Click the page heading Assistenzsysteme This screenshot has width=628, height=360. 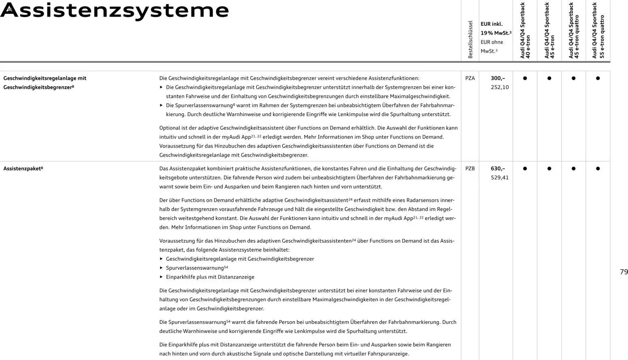(x=115, y=11)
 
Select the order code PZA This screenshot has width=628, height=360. (x=470, y=78)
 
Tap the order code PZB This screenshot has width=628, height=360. (x=470, y=168)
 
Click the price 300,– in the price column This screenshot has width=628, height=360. (x=498, y=78)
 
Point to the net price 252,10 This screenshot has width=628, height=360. (x=500, y=87)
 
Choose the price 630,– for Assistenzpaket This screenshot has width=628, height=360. (x=498, y=168)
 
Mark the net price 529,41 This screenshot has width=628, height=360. (x=500, y=177)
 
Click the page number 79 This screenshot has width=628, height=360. (x=624, y=272)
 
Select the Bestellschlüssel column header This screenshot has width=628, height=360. (x=470, y=40)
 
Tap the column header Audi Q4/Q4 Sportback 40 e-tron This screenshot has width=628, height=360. (x=525, y=31)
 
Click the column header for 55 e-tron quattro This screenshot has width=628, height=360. (x=598, y=31)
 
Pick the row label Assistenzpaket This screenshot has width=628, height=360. (x=23, y=168)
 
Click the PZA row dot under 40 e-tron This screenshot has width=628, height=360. (x=525, y=78)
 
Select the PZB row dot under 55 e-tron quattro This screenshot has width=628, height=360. (x=598, y=168)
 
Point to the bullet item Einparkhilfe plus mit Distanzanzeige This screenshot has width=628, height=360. (x=210, y=277)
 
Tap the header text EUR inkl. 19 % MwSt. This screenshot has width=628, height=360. (x=496, y=28)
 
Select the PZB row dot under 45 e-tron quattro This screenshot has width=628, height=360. (x=573, y=168)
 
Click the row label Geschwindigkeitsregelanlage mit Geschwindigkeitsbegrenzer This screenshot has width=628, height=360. (x=45, y=83)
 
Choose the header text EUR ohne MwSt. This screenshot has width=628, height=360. (x=491, y=47)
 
